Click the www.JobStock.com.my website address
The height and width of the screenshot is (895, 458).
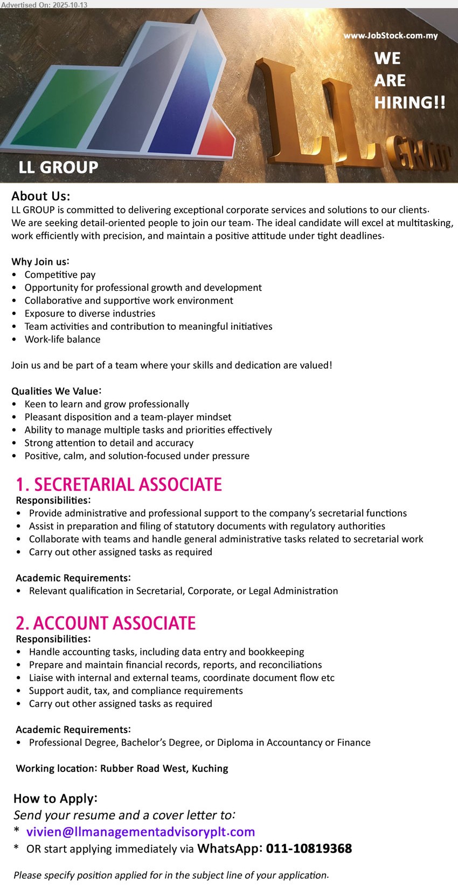click(x=391, y=36)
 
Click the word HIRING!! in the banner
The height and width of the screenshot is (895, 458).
click(x=410, y=102)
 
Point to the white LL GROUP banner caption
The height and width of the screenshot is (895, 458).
click(x=58, y=168)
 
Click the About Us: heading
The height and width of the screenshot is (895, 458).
click(x=41, y=196)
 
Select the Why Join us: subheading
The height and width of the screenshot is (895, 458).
click(x=40, y=262)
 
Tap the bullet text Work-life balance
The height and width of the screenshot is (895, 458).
click(x=63, y=339)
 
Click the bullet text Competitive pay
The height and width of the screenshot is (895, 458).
click(x=60, y=275)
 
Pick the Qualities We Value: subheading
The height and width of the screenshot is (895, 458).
click(x=57, y=391)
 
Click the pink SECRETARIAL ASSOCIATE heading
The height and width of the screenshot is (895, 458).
click(x=119, y=484)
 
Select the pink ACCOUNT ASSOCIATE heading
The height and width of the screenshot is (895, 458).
click(x=106, y=623)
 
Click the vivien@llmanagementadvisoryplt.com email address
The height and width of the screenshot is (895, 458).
click(x=141, y=832)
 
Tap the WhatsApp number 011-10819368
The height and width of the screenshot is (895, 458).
click(x=309, y=849)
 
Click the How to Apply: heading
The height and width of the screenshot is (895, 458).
click(x=55, y=798)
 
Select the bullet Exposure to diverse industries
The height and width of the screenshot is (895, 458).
click(x=90, y=313)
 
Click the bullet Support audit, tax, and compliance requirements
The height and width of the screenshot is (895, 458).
click(x=136, y=691)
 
